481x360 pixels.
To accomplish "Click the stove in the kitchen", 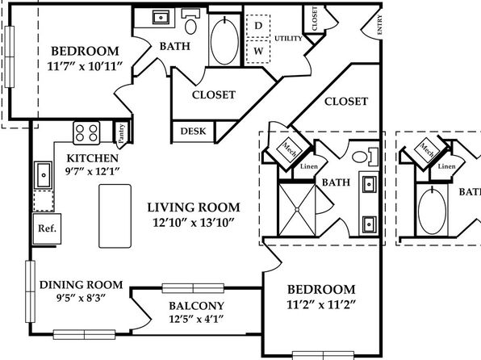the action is (x=86, y=133).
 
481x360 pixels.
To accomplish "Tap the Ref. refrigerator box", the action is (x=47, y=229).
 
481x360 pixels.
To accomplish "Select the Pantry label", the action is (x=122, y=133).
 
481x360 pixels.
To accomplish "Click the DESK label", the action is (x=193, y=132).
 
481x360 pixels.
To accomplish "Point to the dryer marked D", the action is (x=258, y=26).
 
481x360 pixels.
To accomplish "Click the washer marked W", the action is (x=258, y=51).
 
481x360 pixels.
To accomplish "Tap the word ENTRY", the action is (x=379, y=24).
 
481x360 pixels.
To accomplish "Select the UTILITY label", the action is (x=288, y=39).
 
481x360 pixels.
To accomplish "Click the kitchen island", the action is (x=115, y=216).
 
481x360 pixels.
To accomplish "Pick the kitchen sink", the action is (x=44, y=175).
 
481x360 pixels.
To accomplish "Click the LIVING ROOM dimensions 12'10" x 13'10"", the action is (x=194, y=223).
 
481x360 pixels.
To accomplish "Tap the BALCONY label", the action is (x=197, y=306).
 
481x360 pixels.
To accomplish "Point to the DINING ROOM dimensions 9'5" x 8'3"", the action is (x=81, y=298).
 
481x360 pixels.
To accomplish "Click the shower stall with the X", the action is (x=297, y=210).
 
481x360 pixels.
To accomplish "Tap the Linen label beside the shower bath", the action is (x=309, y=166).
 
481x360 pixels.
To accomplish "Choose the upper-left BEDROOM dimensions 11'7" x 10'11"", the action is (x=86, y=66).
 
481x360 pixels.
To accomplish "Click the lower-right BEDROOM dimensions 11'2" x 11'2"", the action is (x=321, y=305).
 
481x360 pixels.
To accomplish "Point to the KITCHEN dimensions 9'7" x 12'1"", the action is (x=92, y=171).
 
